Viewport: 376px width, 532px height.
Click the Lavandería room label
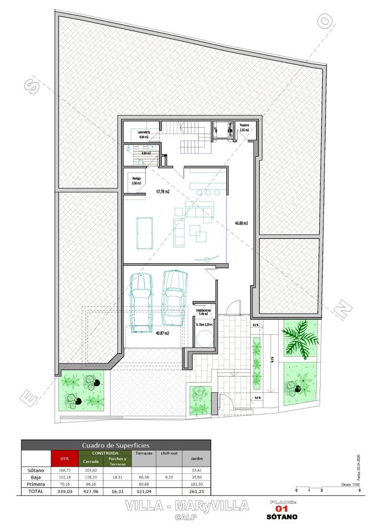(144, 133)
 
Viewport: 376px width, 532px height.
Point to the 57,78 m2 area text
(162, 192)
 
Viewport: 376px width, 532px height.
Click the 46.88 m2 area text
(241, 223)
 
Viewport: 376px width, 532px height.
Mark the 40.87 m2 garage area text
(162, 333)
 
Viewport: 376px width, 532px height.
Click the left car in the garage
(141, 302)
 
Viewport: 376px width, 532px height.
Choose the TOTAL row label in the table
(35, 491)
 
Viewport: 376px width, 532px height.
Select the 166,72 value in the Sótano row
(64, 470)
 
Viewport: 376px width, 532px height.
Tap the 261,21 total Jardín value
(196, 491)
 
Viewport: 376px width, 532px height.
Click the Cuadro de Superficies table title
(115, 445)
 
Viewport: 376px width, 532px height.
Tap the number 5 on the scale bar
(359, 490)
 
